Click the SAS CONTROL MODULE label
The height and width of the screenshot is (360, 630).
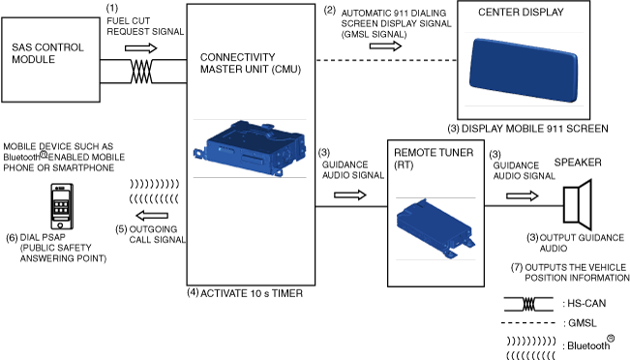[47, 53]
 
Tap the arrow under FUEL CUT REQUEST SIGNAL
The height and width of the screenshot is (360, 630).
[140, 48]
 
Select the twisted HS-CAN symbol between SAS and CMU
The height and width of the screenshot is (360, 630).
[141, 72]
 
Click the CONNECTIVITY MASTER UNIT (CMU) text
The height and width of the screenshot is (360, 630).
[251, 63]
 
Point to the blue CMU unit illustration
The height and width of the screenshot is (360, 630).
[250, 148]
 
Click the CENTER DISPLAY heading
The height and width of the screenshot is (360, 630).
[521, 12]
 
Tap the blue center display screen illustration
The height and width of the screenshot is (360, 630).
[524, 70]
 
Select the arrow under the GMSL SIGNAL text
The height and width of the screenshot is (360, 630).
[385, 46]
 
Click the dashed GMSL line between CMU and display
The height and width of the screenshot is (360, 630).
[386, 60]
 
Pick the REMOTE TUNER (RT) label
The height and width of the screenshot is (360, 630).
[434, 159]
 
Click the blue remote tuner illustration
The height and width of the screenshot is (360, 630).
[435, 227]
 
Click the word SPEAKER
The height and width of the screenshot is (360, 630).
[578, 163]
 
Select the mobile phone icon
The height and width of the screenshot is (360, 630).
[62, 206]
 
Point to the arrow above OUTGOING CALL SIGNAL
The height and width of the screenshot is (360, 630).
[152, 216]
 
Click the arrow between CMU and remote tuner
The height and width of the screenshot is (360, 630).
[350, 195]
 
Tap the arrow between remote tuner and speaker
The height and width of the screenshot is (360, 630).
[523, 196]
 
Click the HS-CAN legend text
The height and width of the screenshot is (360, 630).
[585, 303]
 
